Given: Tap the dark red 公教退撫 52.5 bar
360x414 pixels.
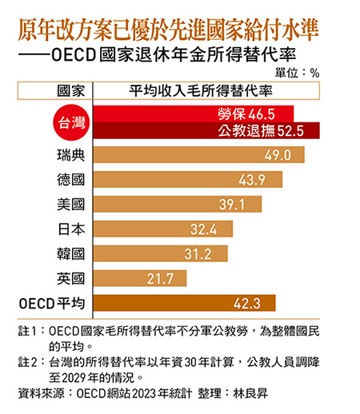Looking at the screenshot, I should pos(208,132).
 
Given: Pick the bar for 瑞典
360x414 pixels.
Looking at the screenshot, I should pos(200,154).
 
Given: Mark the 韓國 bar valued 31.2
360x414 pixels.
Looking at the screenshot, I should pos(161,253).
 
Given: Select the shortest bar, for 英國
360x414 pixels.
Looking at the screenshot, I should pos(141,278).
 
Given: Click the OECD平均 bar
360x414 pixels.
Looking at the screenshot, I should pos(185,303).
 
